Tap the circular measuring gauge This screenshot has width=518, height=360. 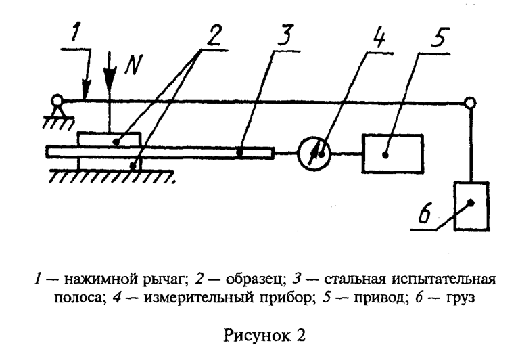click(315, 154)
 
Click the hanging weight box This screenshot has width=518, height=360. click(471, 204)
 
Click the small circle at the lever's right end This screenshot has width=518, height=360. click(470, 103)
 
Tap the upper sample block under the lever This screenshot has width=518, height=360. click(110, 139)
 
